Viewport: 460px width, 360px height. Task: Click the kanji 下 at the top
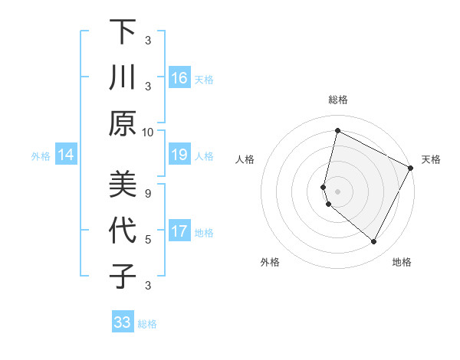point(122,33)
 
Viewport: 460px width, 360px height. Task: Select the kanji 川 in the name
point(122,78)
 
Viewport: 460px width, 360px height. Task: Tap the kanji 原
point(122,123)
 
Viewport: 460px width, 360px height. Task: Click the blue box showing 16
point(179,77)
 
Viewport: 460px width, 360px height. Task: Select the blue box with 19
point(179,155)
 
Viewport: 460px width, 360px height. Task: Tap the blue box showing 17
point(179,231)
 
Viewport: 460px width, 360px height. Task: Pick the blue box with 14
point(66,155)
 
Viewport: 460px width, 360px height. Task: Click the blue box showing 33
point(122,322)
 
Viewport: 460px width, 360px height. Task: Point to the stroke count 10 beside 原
point(148,131)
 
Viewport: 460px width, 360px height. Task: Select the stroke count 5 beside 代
point(148,239)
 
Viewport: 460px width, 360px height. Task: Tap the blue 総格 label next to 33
point(147,324)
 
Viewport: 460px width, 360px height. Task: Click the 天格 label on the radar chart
point(431,159)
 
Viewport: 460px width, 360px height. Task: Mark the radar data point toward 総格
point(337,131)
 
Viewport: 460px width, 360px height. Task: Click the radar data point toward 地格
point(373,241)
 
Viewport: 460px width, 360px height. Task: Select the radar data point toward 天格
point(411,168)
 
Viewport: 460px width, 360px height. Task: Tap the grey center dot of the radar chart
point(337,190)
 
